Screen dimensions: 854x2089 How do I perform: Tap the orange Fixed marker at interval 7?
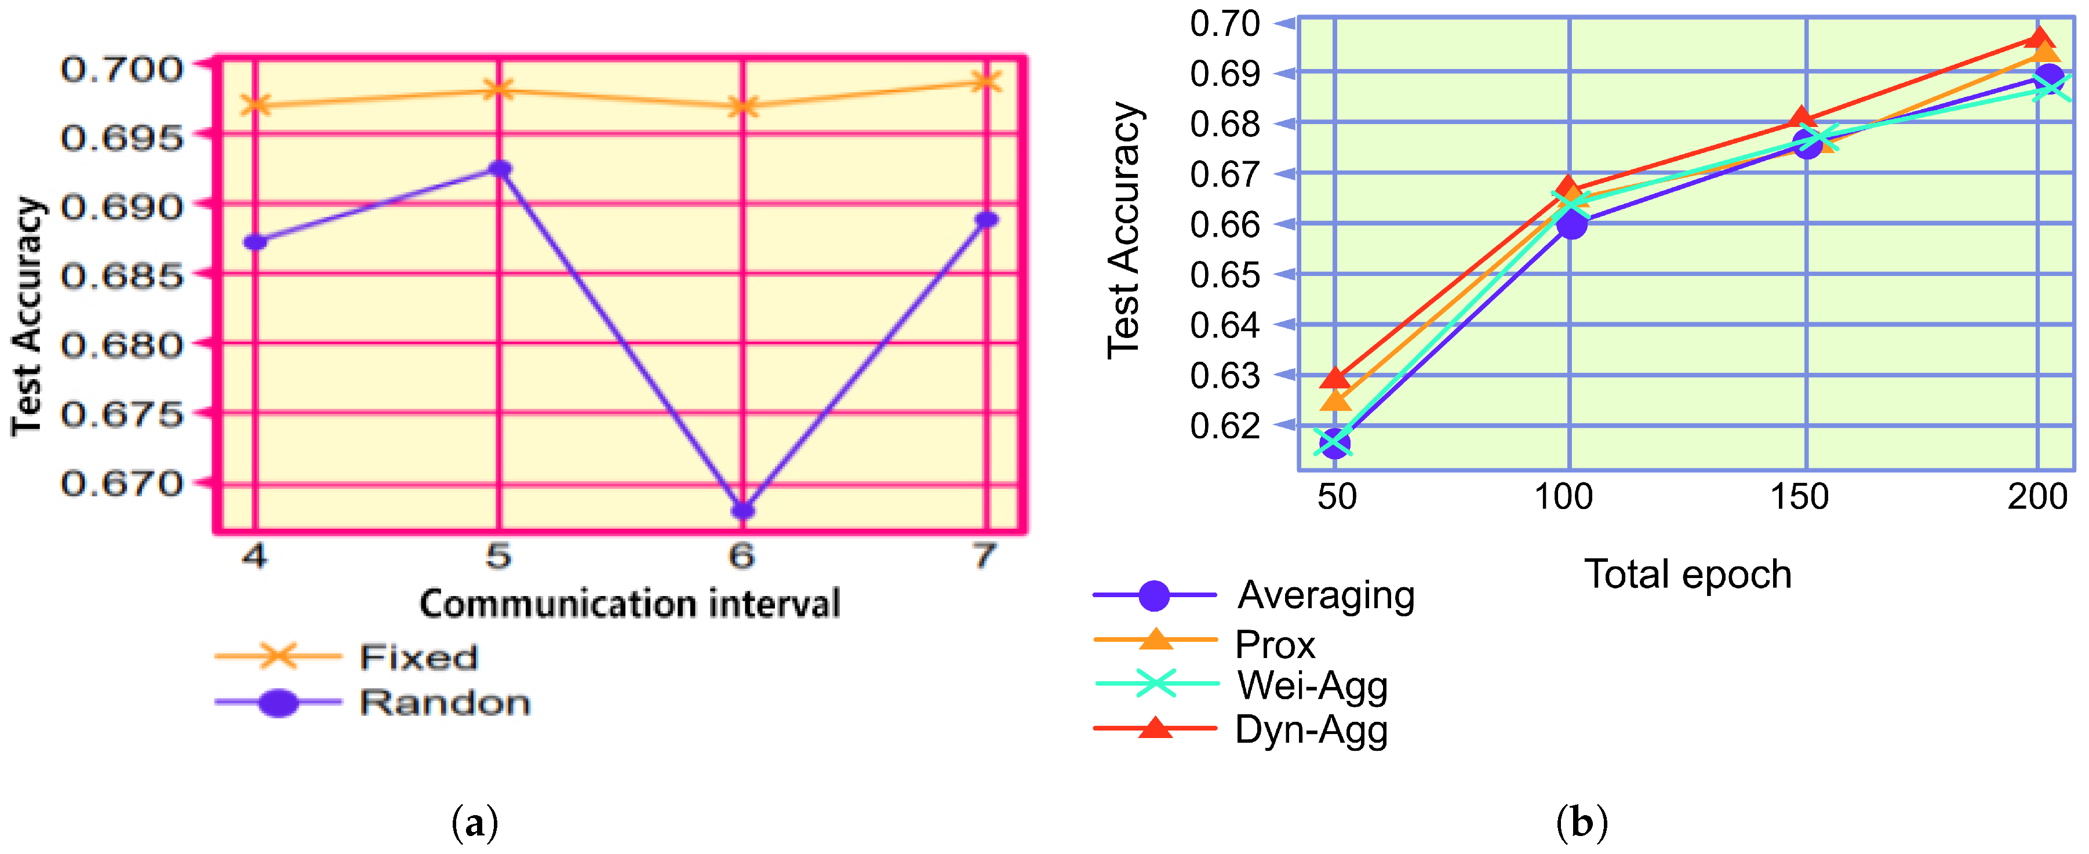tap(986, 81)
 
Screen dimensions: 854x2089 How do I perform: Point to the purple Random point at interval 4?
tap(256, 242)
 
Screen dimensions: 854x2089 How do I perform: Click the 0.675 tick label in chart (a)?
tap(122, 415)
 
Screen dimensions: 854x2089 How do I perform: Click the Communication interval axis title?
tap(629, 604)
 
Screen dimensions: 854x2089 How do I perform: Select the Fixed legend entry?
tap(418, 657)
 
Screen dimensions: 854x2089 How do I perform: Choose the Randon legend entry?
tap(445, 702)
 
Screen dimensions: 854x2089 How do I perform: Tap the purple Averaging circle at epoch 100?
tap(1571, 224)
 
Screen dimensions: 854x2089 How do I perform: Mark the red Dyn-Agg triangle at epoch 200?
tap(2040, 38)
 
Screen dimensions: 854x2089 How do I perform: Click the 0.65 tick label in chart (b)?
tap(1225, 275)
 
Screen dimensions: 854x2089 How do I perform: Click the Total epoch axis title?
tap(1687, 574)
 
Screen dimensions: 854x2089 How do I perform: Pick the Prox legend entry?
tap(1275, 645)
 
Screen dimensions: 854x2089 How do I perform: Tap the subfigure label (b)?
tap(1581, 823)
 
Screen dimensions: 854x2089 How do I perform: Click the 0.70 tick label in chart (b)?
tap(1225, 24)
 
